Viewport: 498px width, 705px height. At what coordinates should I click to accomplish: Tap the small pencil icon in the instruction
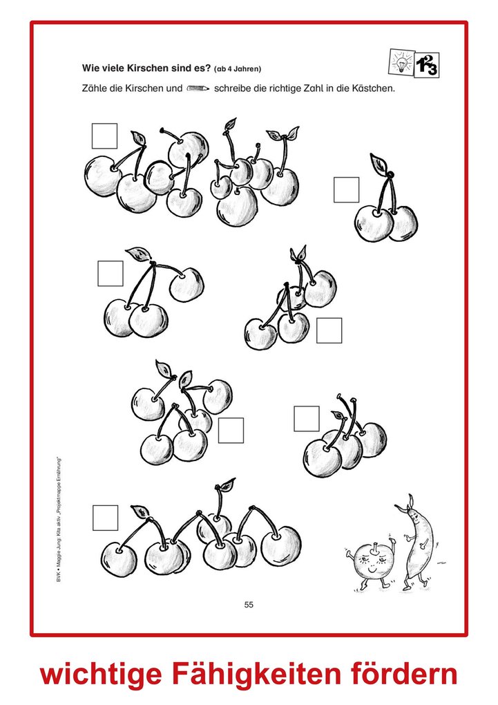pos(198,88)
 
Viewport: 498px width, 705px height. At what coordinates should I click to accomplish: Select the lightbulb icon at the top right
pos(401,62)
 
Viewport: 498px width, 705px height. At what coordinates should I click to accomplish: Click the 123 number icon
pos(427,66)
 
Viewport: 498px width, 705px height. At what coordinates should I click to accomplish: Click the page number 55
pos(249,605)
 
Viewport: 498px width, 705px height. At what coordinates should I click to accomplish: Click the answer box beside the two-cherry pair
pos(347,190)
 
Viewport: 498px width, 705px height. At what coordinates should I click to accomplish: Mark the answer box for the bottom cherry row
pos(106,518)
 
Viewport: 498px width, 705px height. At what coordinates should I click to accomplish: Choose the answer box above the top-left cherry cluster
pos(105,135)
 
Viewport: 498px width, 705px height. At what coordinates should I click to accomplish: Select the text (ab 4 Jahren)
pos(238,69)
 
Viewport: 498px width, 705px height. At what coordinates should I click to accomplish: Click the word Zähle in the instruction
pos(94,88)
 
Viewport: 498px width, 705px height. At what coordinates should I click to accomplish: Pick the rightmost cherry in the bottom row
pos(281,545)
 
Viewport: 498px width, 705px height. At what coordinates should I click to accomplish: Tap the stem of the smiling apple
pos(373,548)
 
